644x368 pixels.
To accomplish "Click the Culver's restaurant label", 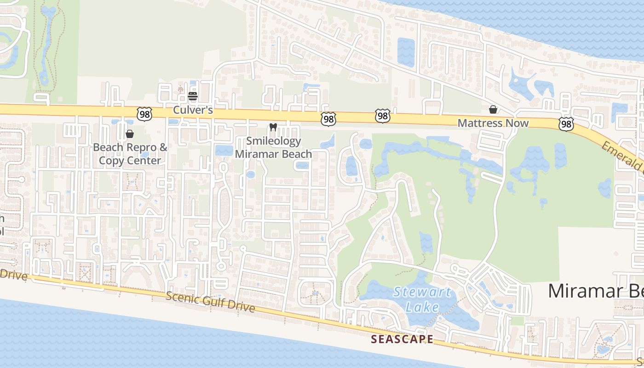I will coord(193,110).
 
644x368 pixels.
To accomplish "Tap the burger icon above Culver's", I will coord(193,96).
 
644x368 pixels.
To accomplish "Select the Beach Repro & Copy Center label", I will coord(130,154).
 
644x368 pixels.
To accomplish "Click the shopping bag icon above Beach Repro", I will coord(130,134).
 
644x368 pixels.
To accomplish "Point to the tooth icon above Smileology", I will coord(273,127).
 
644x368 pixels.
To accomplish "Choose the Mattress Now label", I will coord(493,123).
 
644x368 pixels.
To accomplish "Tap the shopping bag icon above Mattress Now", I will coord(493,109).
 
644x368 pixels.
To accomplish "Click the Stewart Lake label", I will coord(422,299).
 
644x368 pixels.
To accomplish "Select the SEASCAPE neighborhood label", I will coord(402,339).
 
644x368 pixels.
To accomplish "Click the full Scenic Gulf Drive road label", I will coord(210,302).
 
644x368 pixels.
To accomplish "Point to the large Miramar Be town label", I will coord(596,291).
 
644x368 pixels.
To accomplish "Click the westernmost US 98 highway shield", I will coord(144,115).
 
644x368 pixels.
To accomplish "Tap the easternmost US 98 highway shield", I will coord(566,124).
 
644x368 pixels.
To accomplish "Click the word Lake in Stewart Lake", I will coord(422,306).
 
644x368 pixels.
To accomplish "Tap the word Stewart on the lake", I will coord(422,292).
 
